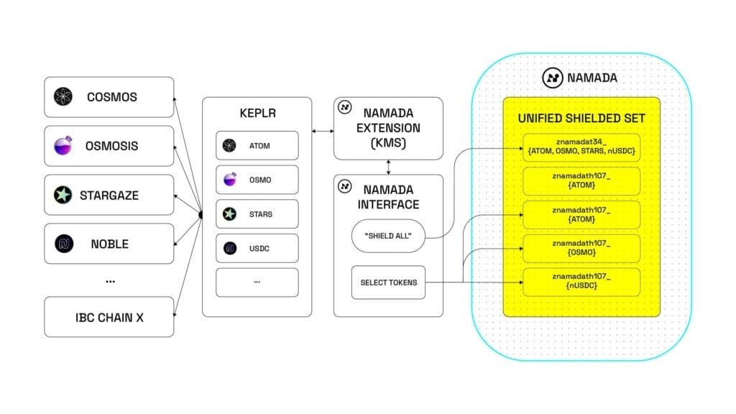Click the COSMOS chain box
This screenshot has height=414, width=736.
point(109,97)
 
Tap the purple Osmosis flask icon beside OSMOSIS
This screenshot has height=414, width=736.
point(63,146)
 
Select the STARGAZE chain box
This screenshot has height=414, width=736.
point(109,195)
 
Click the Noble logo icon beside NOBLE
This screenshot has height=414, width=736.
point(63,244)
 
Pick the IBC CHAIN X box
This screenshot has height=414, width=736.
point(109,317)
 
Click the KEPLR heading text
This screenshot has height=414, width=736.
point(257,114)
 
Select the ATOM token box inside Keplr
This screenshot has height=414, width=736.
point(257,146)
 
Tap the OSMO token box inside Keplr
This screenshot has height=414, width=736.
point(257,180)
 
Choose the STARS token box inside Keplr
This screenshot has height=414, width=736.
point(257,214)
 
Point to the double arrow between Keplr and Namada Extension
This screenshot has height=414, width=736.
point(323,131)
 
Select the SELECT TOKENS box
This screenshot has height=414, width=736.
point(387,282)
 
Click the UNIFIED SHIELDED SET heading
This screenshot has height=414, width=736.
point(581,118)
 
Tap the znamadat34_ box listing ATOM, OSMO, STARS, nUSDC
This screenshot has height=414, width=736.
point(581,147)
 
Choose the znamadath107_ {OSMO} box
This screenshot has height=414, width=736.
point(581,249)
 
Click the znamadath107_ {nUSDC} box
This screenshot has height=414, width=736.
point(581,282)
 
